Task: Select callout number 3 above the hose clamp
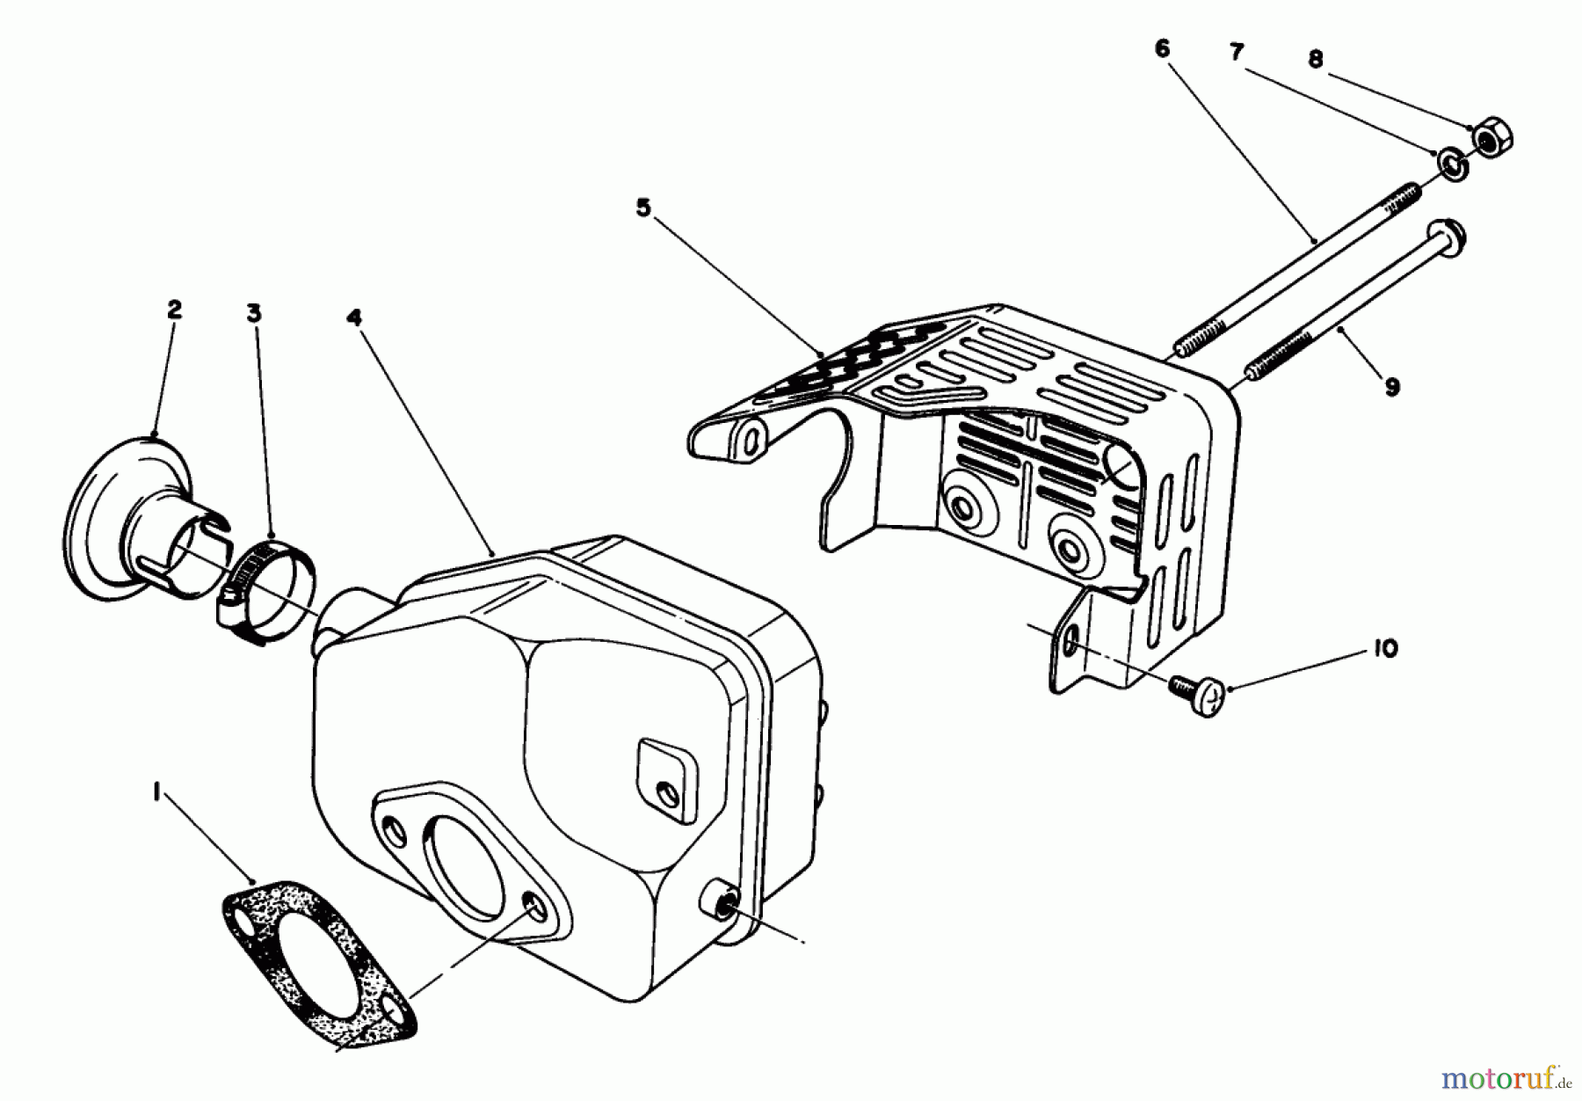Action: point(254,313)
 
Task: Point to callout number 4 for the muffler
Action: point(354,317)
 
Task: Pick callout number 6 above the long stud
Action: point(1163,49)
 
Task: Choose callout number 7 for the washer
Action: point(1237,53)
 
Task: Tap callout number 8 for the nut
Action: point(1315,60)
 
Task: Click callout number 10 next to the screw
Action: point(1384,649)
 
